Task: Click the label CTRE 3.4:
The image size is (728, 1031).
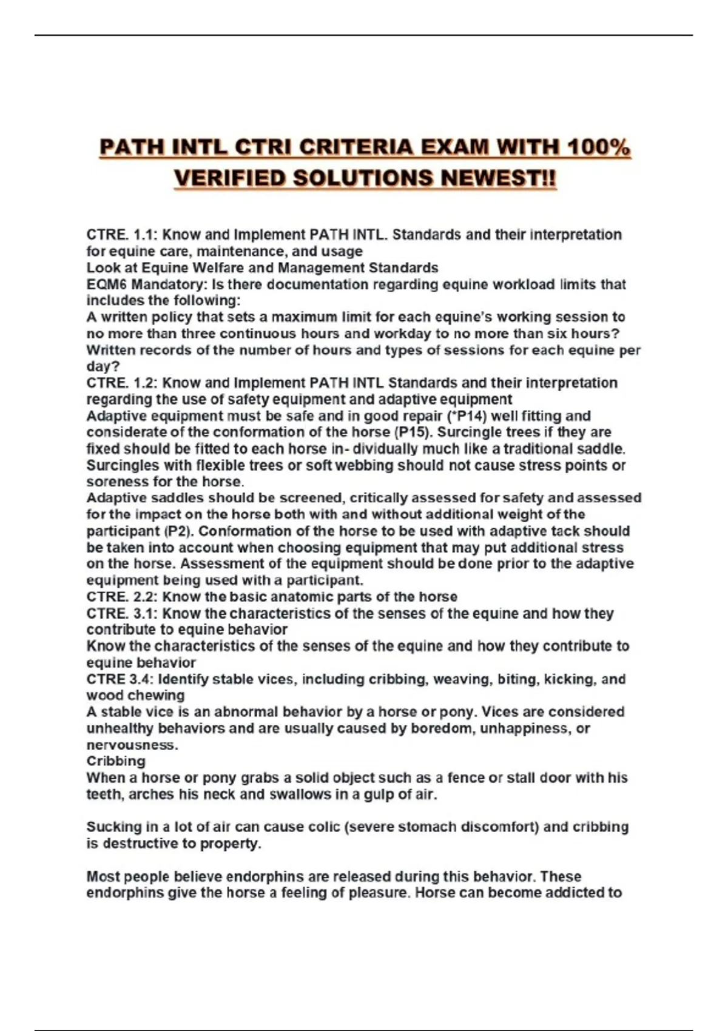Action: click(120, 679)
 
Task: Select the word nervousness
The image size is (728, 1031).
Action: click(132, 745)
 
